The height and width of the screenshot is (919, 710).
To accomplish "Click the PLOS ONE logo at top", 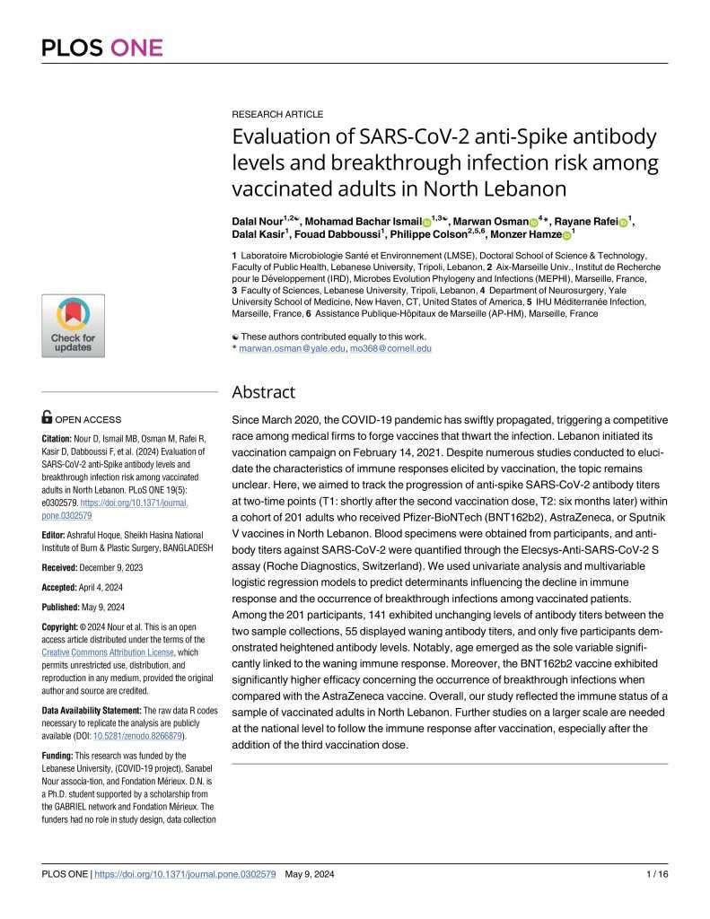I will [x=102, y=46].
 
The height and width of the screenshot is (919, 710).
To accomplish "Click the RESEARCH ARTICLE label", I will [x=277, y=114].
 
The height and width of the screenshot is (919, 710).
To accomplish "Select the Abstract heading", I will [x=262, y=392].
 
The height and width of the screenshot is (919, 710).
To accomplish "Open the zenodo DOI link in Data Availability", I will [x=118, y=736].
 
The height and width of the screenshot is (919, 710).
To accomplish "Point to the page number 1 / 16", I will [x=654, y=874].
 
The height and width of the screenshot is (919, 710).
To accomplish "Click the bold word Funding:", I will [x=63, y=757].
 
